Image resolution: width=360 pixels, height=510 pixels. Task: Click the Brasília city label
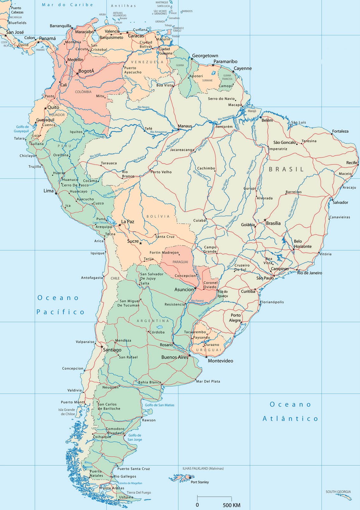(x=273, y=223)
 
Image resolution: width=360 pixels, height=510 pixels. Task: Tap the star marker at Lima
(x=56, y=193)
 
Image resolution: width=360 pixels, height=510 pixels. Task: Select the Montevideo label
(x=220, y=361)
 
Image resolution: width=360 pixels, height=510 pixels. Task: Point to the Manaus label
(x=185, y=126)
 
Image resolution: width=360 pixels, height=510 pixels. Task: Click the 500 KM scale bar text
(x=231, y=505)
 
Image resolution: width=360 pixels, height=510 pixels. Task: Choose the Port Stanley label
(x=200, y=482)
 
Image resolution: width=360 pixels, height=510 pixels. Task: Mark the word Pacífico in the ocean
(x=60, y=312)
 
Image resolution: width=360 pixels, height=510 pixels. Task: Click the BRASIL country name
(x=286, y=169)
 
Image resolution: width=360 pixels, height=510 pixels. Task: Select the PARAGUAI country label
(x=180, y=262)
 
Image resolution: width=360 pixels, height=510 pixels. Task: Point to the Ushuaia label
(x=126, y=497)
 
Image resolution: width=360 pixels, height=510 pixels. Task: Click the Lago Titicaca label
(x=100, y=222)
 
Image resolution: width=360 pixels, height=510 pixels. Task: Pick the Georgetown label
(x=205, y=56)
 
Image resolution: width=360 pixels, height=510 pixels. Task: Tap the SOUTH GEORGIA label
(x=338, y=492)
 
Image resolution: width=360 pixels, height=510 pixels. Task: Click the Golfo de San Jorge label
(x=135, y=437)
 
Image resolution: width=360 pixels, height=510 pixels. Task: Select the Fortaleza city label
(x=340, y=131)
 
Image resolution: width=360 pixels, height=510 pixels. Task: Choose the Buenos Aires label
(x=175, y=357)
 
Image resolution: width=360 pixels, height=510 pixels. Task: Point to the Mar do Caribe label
(x=68, y=5)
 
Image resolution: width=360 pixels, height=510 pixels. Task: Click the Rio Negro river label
(x=143, y=107)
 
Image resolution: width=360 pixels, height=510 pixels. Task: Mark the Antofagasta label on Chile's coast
(x=92, y=278)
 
